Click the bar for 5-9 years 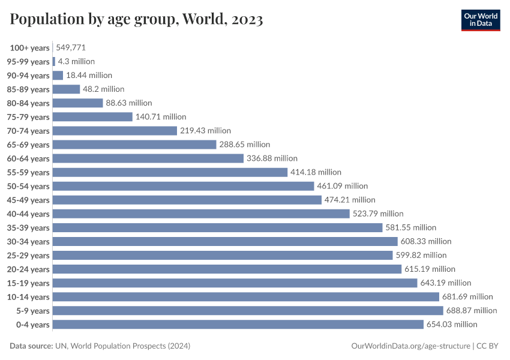(x=248, y=311)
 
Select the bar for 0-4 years (x=238, y=325)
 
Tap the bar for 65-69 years (x=134, y=145)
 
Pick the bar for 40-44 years (x=201, y=214)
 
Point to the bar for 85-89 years (x=66, y=89)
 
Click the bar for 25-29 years (x=223, y=255)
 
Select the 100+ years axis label (x=29, y=48)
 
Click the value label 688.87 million (x=472, y=311)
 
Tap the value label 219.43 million (x=205, y=131)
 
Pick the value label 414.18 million (x=316, y=172)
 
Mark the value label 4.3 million (x=76, y=61)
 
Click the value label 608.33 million (x=426, y=241)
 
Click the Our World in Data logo (x=480, y=19)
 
